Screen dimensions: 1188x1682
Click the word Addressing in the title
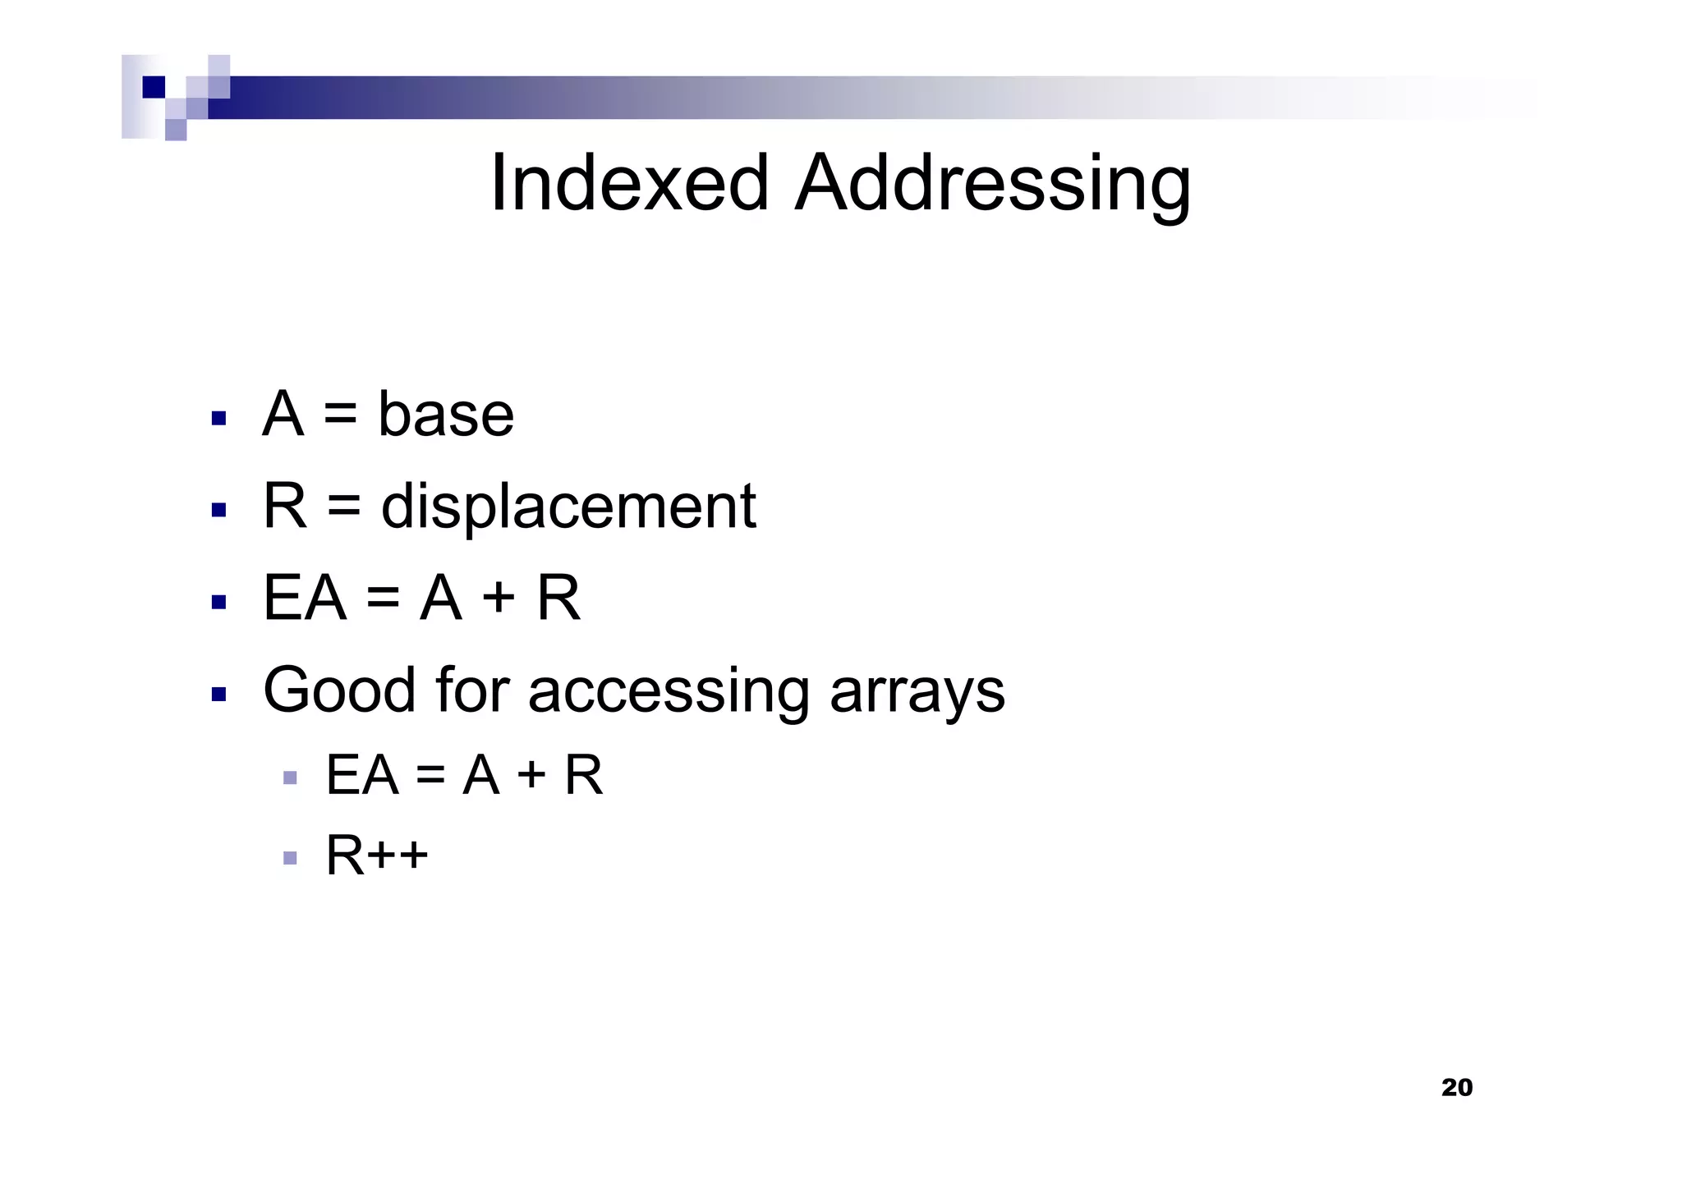(x=993, y=184)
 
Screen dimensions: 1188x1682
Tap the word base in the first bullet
(x=446, y=414)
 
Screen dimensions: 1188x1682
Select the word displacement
(x=568, y=506)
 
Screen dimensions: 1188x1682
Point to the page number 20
(x=1457, y=1088)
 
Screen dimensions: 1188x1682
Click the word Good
(x=339, y=690)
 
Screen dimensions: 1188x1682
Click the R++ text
(x=377, y=855)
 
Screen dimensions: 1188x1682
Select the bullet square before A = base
(x=218, y=419)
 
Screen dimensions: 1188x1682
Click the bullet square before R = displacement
(x=218, y=511)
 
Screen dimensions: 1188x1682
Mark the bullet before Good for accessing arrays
(x=218, y=695)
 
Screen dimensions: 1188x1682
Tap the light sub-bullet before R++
(x=289, y=858)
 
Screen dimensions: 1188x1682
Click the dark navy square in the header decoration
(x=154, y=87)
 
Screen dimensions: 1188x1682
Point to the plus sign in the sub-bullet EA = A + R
(x=531, y=774)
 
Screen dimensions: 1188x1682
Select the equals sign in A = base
(x=340, y=415)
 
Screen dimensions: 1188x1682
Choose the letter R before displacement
(x=284, y=506)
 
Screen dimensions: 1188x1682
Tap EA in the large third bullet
(x=304, y=598)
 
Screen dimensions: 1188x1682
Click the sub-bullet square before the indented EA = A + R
(x=289, y=777)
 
